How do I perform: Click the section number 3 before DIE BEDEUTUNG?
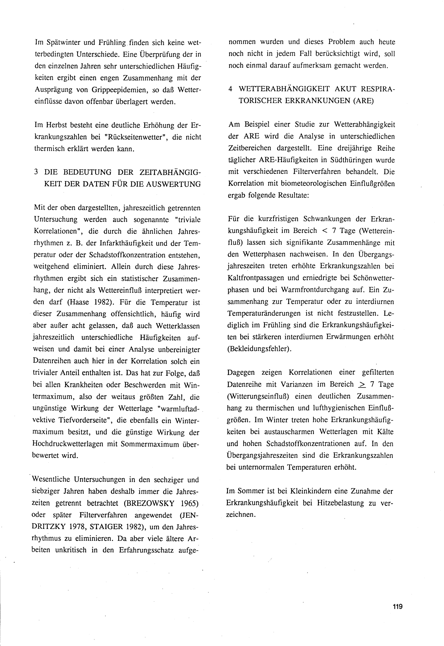[36, 172]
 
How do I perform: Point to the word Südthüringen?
[348, 160]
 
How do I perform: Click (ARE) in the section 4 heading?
[364, 101]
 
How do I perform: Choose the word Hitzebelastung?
[338, 503]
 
